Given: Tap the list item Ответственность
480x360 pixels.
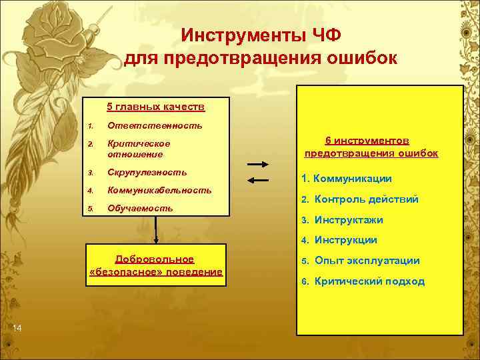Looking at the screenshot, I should [x=155, y=125].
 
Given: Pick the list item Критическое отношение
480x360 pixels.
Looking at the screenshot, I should [x=139, y=149].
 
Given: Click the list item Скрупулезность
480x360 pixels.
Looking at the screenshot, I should [x=147, y=172].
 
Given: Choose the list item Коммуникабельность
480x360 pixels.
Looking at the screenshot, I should [x=164, y=190].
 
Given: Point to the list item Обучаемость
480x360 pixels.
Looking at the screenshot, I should [x=140, y=208].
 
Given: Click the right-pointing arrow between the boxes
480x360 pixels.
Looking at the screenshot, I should [x=258, y=165].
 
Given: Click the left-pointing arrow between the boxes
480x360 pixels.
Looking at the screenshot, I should [x=258, y=180].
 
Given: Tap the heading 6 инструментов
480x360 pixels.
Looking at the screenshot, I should [x=371, y=141].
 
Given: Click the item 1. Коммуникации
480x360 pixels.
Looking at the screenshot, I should [x=347, y=179].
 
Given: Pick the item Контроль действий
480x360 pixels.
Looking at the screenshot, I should [x=366, y=199].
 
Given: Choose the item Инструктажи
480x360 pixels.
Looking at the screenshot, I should [x=349, y=219].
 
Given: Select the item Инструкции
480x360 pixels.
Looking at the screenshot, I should [x=345, y=240].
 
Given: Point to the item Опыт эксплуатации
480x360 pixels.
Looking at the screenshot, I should [x=367, y=260].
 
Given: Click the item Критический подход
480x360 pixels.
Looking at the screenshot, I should [x=369, y=281].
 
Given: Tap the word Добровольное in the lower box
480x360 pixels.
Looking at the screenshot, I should [x=155, y=259].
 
